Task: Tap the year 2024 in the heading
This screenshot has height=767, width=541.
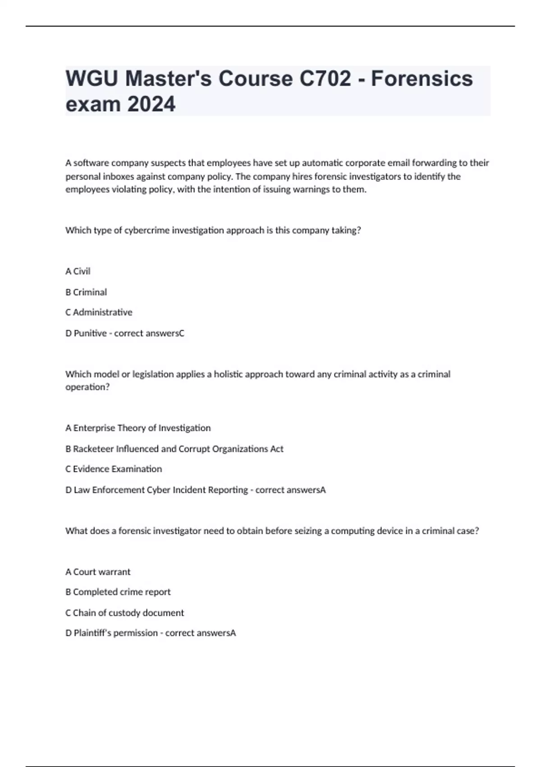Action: point(151,104)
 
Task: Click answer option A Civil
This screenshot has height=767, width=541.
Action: point(78,271)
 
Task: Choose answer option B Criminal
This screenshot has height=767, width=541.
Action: point(86,292)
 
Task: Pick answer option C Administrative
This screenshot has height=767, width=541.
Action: point(99,312)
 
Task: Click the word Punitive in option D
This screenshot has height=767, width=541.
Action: point(90,333)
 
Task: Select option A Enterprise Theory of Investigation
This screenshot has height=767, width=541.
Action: point(138,428)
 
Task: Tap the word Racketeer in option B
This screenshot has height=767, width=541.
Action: point(93,449)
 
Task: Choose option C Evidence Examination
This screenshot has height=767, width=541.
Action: point(114,469)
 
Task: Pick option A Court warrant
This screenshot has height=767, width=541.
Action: point(98,572)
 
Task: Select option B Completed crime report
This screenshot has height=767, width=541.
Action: point(118,592)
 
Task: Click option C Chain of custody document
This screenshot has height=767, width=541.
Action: point(124,613)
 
